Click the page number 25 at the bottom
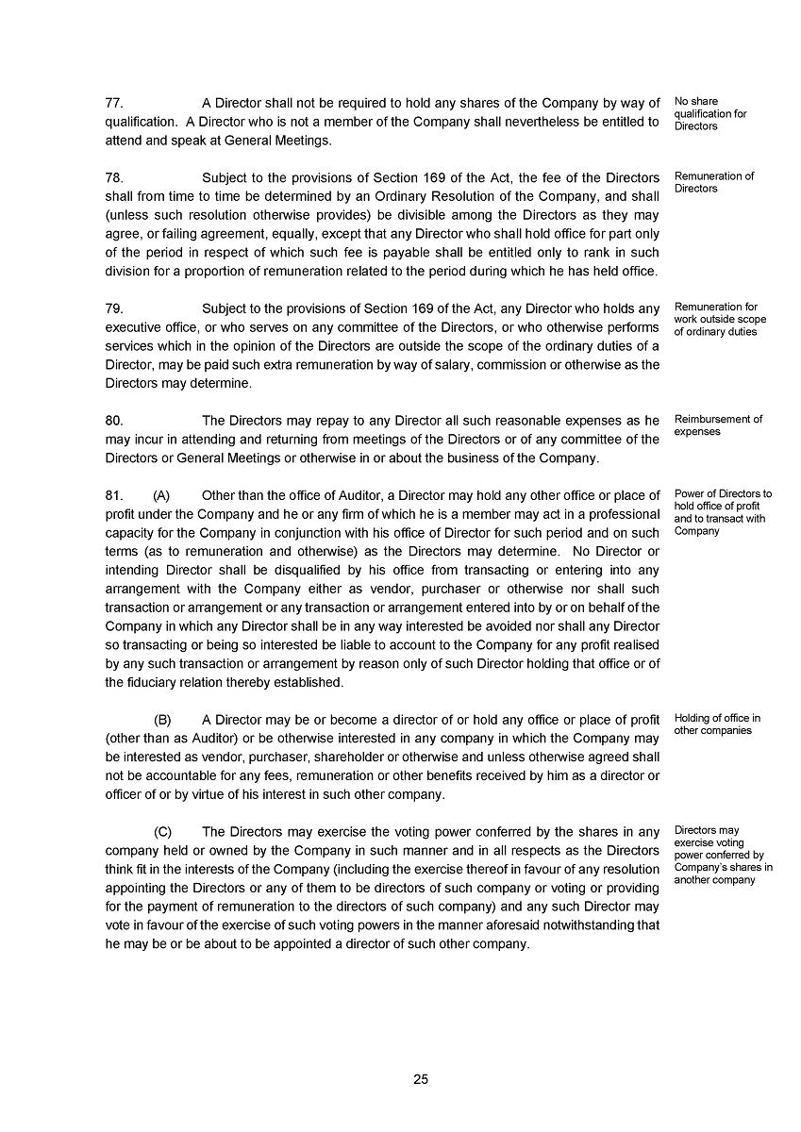coord(421,1079)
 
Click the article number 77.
coord(114,103)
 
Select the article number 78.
coord(114,178)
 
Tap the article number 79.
coord(114,308)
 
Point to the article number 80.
coord(114,421)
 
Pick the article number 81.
coord(114,495)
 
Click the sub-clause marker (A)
coord(162,495)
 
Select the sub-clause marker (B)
coord(162,720)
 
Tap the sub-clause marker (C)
coord(162,831)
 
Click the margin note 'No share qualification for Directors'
coord(710,113)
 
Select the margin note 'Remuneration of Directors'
coord(714,182)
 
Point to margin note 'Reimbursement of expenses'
coord(718,425)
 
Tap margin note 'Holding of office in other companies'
coord(717,724)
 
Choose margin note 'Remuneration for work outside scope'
coord(720,319)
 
